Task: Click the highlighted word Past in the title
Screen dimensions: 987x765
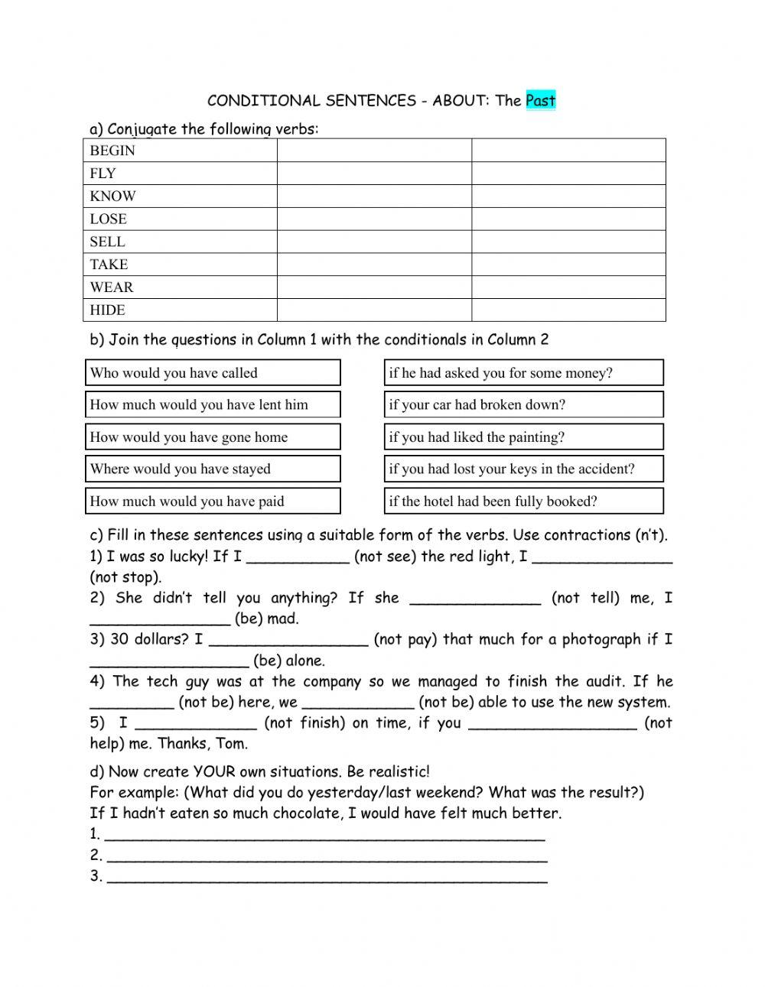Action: point(540,100)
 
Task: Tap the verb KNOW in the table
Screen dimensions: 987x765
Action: point(112,196)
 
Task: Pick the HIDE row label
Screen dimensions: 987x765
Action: point(107,310)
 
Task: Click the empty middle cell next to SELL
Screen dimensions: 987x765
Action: point(373,242)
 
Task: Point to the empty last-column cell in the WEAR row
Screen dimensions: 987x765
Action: point(568,287)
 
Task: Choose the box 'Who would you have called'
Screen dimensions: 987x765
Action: point(212,373)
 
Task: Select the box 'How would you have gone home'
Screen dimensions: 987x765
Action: point(212,437)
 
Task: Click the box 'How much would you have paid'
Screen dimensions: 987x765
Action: point(212,502)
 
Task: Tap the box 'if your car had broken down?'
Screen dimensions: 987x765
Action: point(523,405)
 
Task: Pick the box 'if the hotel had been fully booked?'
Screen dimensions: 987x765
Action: point(523,502)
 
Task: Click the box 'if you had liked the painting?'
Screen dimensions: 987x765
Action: point(523,437)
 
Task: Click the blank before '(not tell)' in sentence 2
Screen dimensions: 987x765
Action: point(475,599)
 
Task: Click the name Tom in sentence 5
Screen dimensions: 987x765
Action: point(232,744)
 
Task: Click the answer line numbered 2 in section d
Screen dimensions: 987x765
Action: point(327,856)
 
